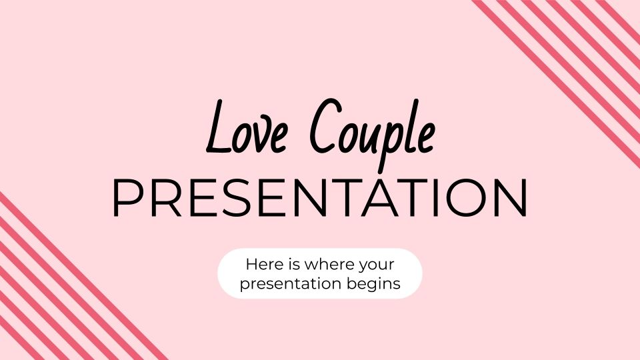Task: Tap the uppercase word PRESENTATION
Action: [x=320, y=198]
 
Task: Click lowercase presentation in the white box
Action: [x=287, y=284]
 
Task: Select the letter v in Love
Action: [x=262, y=137]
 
